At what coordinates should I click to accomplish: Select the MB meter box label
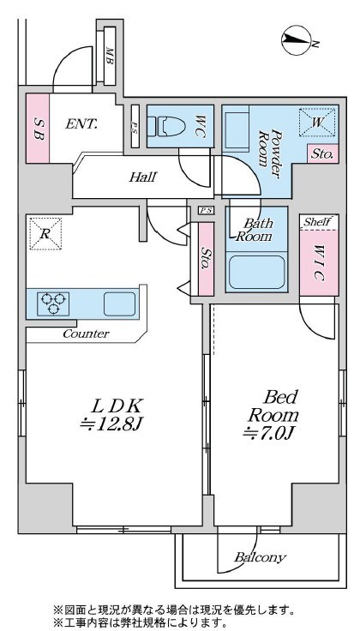tap(109, 56)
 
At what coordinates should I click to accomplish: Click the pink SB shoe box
tap(38, 128)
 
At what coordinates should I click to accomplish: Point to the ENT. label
tap(81, 123)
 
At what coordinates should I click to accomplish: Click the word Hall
tap(142, 177)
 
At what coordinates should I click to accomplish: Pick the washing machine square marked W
tap(317, 123)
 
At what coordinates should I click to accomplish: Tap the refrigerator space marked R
tap(45, 234)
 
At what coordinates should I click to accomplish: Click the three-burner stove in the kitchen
tap(53, 303)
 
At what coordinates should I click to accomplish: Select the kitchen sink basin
tap(119, 303)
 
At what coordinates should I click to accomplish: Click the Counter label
tap(86, 334)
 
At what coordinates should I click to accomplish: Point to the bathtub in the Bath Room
tap(256, 272)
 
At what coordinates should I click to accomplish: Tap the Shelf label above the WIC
tap(317, 221)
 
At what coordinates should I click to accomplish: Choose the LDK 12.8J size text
tap(111, 414)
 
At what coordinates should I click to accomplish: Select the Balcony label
tap(260, 557)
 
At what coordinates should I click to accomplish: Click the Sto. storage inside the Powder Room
tap(322, 153)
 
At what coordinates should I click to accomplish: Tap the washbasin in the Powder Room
tap(237, 131)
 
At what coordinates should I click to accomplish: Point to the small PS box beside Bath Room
tap(207, 210)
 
